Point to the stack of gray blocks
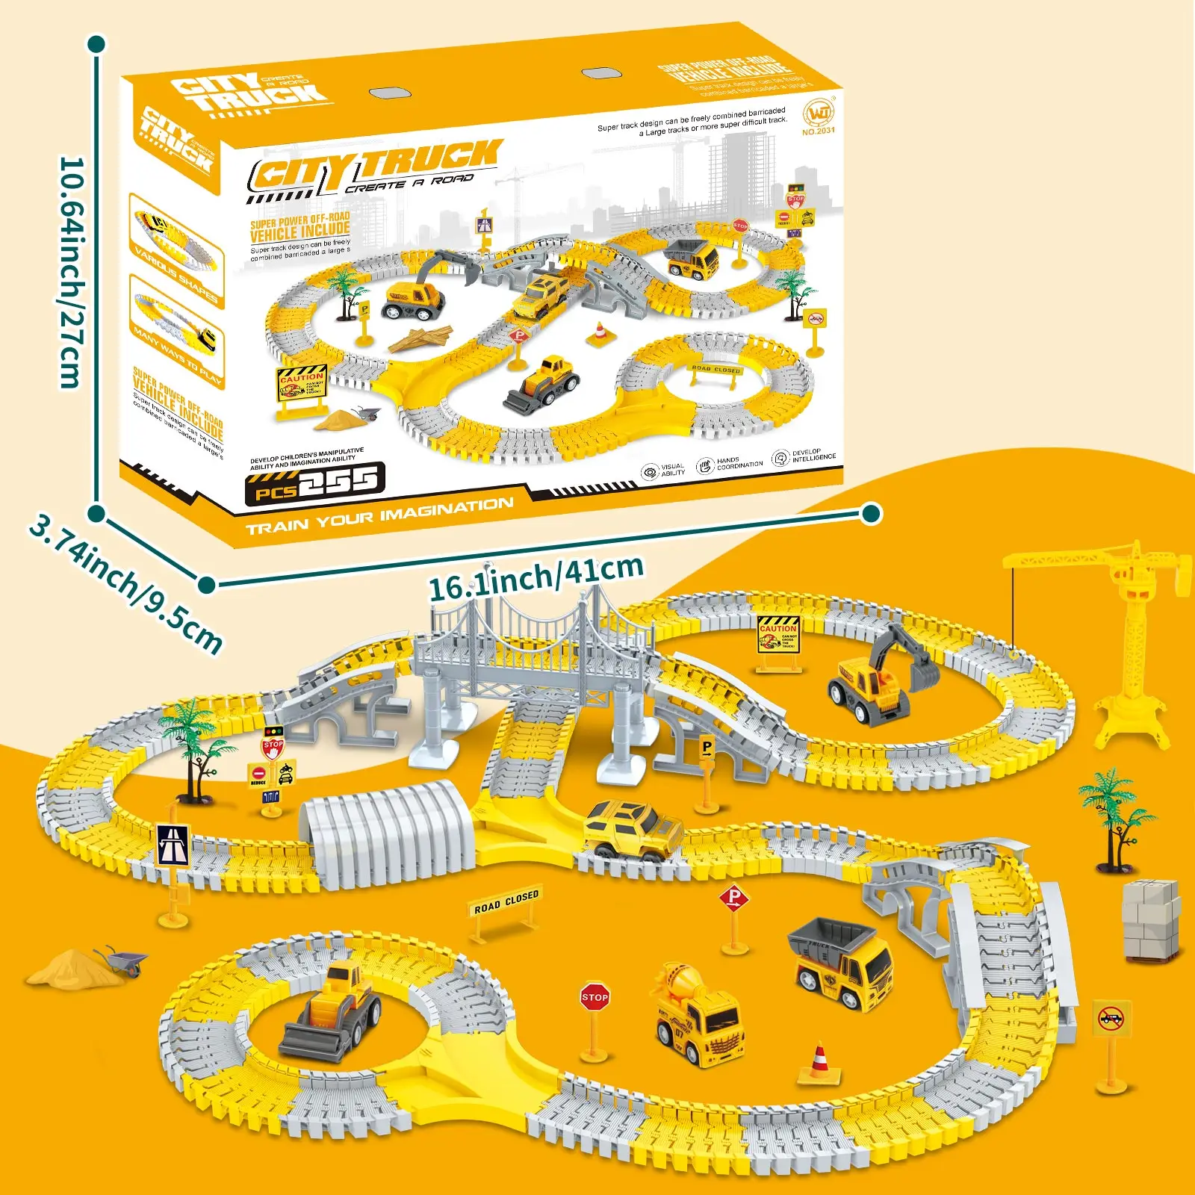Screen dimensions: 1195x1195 pos(1152,920)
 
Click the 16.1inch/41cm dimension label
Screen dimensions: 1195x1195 pos(536,577)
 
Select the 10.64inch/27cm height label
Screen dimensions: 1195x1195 pos(72,273)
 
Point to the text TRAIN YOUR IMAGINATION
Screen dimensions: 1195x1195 pos(379,515)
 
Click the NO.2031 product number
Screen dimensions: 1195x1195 pos(819,131)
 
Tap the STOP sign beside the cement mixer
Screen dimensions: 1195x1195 pos(595,998)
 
